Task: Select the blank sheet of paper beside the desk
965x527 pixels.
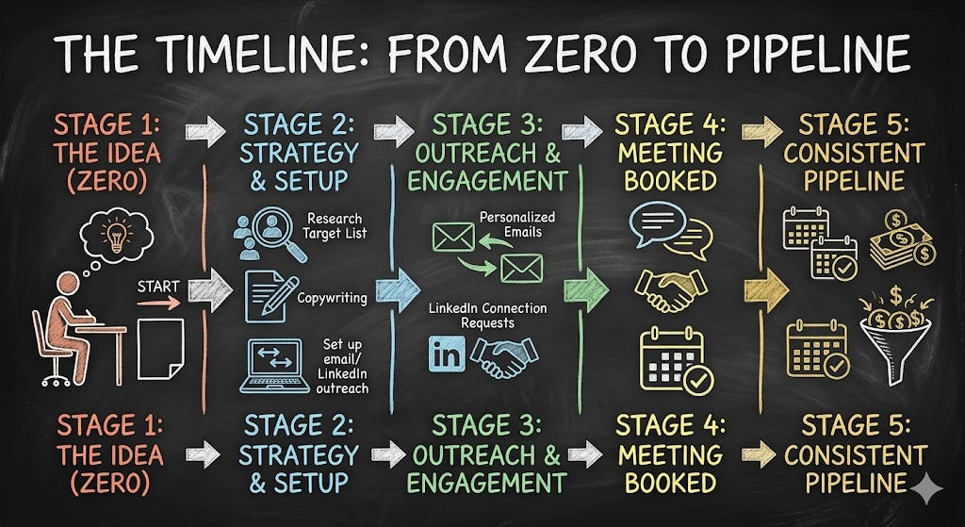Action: click(x=161, y=348)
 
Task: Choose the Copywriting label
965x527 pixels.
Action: click(x=332, y=298)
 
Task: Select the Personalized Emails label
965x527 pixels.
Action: click(x=517, y=224)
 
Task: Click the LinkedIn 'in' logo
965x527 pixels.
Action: click(x=446, y=354)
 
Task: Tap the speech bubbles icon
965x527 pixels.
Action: click(x=670, y=229)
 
